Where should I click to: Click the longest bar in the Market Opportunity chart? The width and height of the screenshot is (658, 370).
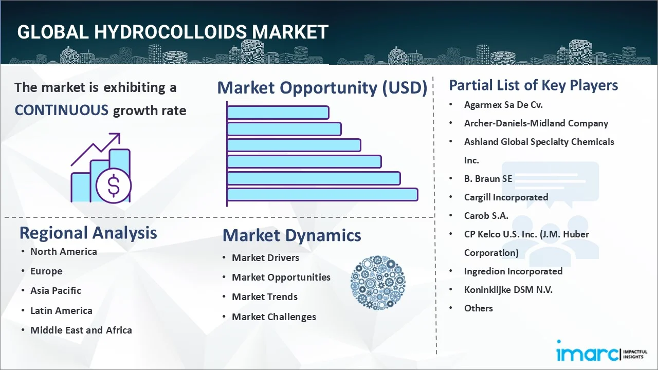tap(322, 194)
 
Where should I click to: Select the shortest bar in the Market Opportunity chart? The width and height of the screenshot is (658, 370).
tap(278, 112)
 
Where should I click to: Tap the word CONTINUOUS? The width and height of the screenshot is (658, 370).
tap(61, 110)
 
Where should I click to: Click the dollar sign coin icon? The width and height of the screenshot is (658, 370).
tap(114, 186)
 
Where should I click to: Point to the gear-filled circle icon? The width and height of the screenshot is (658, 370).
tap(378, 283)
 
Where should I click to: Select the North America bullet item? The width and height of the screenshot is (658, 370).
tap(63, 251)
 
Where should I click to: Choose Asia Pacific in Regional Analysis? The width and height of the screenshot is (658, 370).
tap(56, 290)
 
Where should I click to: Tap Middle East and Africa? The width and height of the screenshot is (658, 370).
tap(81, 330)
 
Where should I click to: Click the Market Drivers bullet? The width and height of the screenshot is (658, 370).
tap(265, 257)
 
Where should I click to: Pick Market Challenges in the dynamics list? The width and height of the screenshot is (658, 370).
tap(273, 317)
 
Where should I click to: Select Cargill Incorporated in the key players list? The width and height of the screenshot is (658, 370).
tap(506, 197)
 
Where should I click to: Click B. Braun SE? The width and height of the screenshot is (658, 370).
tap(488, 178)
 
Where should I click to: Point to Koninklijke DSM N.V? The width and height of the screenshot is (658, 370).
tap(508, 289)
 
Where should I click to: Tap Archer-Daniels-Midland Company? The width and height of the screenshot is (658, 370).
tap(536, 123)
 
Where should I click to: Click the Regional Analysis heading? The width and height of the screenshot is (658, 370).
tap(88, 233)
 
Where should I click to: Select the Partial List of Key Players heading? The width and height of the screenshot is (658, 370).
tap(533, 85)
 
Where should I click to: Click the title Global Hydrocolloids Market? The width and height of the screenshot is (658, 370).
tap(173, 32)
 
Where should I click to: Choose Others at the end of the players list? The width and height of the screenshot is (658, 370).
tap(478, 308)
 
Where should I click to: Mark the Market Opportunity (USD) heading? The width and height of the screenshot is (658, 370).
tap(322, 88)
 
